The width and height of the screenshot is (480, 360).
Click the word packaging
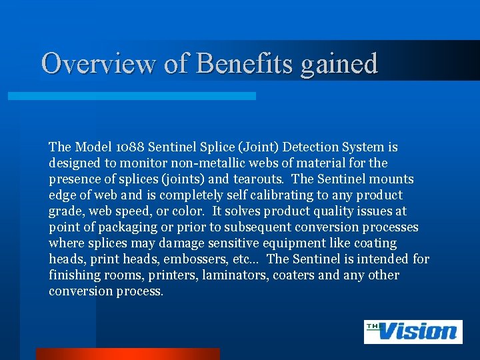pos(123,227)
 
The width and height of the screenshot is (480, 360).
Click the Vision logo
pos(413,331)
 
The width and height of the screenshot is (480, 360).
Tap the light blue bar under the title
pos(131,96)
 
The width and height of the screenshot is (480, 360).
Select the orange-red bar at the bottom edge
pos(127,353)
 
